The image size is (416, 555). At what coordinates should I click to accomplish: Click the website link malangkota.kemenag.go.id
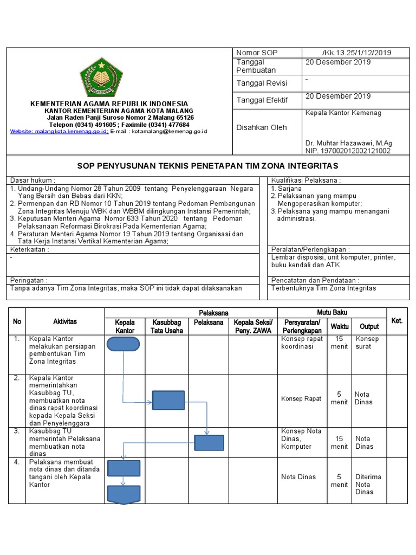pos(60,131)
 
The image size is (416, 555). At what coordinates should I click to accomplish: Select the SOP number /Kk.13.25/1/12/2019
pos(356,53)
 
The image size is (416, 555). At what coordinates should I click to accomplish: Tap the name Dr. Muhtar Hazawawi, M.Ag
pos(348,143)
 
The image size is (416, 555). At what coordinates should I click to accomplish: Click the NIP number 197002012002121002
pos(348,151)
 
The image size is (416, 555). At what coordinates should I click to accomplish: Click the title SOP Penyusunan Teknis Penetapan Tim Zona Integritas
pos(207,165)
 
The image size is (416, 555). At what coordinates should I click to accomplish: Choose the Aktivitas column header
pos(64,321)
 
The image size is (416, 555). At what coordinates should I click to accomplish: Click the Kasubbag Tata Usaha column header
pos(167,326)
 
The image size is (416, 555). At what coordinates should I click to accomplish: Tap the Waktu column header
pos(340,326)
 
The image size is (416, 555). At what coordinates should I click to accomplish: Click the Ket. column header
pos(396,321)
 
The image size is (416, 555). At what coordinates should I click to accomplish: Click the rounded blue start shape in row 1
pos(123,345)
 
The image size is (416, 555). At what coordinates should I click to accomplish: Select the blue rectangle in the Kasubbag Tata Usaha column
pos(168,401)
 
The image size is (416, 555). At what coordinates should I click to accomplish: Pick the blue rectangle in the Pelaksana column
pos(209,443)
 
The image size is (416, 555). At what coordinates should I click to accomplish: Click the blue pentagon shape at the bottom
pos(123,494)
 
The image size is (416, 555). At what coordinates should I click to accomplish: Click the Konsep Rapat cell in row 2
pos(301,399)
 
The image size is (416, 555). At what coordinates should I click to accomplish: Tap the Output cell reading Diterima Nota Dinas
pos(368,484)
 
